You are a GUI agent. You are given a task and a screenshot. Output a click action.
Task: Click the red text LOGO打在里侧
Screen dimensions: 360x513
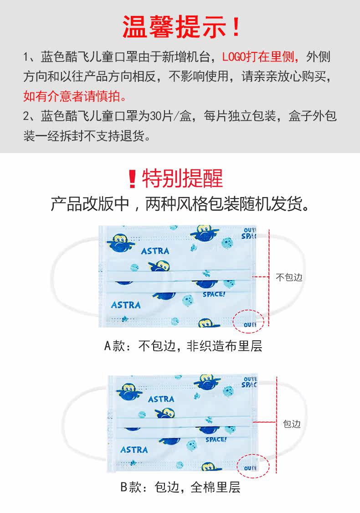[260, 57]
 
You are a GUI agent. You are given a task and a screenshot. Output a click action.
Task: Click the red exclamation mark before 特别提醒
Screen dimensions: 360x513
[133, 179]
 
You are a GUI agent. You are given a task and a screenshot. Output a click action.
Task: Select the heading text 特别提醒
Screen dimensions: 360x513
[182, 179]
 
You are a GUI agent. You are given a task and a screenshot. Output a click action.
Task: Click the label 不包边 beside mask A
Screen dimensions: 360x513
[289, 277]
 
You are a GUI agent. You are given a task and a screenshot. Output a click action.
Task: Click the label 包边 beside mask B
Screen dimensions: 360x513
[292, 424]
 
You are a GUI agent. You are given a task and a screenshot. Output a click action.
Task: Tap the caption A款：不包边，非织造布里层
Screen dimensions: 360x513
[183, 346]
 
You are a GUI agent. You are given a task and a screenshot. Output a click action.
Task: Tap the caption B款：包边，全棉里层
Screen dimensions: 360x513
[180, 487]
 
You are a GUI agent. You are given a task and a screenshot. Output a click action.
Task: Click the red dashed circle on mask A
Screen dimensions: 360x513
[249, 321]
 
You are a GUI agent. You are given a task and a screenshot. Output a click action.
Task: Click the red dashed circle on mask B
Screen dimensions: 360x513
[253, 465]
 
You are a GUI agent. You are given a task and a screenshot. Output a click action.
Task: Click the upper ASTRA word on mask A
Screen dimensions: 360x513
[155, 251]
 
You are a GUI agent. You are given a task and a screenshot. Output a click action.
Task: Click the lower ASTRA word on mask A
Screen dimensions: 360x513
[126, 304]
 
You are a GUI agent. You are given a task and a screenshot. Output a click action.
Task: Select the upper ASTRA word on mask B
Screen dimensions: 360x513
[161, 399]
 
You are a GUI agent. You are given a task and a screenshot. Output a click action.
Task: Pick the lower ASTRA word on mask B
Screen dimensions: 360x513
[134, 449]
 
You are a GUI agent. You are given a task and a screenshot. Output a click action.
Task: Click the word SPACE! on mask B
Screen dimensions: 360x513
[216, 440]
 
